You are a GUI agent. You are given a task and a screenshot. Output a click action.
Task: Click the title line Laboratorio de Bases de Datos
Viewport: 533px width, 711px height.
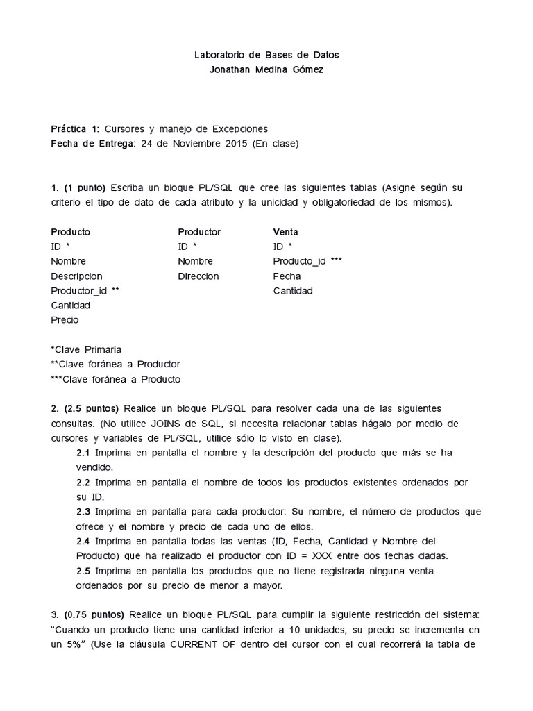click(x=266, y=54)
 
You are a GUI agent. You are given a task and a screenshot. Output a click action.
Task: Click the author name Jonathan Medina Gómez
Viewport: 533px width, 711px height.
click(x=266, y=69)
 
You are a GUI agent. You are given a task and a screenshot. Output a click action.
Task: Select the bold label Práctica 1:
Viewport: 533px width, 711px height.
click(x=75, y=129)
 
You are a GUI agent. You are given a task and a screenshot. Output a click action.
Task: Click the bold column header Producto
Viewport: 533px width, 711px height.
click(x=70, y=232)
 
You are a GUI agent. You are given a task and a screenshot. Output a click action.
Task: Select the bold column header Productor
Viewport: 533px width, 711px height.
click(x=199, y=232)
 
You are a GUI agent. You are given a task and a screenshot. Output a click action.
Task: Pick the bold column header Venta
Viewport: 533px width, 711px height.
click(x=286, y=232)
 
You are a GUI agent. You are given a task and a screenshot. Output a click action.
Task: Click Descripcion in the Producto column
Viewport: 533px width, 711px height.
click(x=76, y=276)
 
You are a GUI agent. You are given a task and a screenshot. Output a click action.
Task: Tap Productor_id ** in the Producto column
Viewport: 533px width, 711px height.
click(x=85, y=291)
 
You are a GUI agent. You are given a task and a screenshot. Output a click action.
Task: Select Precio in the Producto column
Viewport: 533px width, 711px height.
click(x=65, y=320)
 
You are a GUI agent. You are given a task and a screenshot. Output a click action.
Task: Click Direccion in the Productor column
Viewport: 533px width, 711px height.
click(x=198, y=276)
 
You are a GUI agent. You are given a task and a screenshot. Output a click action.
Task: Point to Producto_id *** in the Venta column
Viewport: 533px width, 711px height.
click(x=307, y=261)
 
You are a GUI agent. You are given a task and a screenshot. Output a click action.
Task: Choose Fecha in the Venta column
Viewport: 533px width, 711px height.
click(x=287, y=276)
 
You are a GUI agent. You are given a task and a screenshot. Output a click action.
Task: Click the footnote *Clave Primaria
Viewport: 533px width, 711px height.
click(x=86, y=349)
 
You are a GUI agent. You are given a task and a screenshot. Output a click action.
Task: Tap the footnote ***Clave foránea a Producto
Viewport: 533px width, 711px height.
click(x=115, y=379)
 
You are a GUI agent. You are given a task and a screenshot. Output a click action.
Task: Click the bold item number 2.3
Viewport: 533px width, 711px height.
click(x=83, y=511)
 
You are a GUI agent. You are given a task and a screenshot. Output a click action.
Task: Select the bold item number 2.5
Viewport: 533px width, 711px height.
click(x=83, y=571)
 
